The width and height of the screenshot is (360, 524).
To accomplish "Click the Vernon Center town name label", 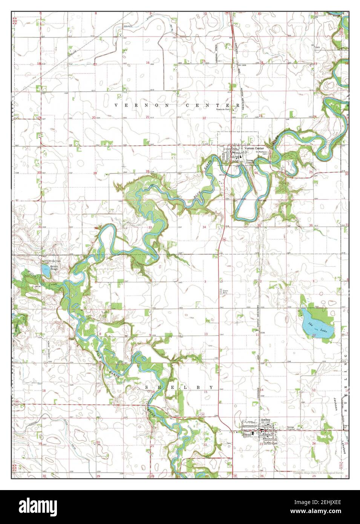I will tap(254, 149).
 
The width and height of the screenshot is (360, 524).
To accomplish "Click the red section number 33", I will tap(150, 227).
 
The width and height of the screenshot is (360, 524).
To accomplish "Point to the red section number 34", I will tap(204, 227).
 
